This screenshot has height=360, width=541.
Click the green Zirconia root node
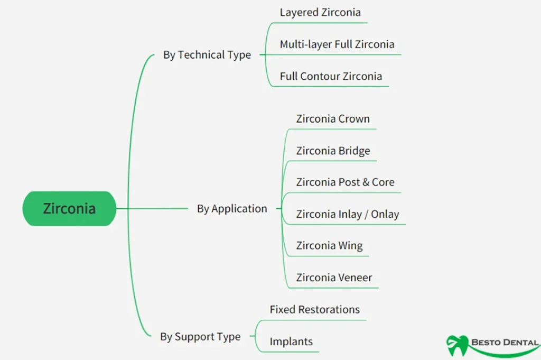(69, 208)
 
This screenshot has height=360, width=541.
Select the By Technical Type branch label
(207, 55)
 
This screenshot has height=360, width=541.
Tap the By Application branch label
(232, 209)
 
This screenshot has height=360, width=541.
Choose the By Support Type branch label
(200, 337)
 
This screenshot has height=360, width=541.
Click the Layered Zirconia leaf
(320, 12)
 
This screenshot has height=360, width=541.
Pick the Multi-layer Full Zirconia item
(337, 44)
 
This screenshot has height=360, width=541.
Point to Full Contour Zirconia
(331, 76)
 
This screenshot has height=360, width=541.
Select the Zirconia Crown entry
(333, 119)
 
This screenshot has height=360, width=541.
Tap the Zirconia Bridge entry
(333, 151)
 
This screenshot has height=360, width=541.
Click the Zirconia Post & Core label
(345, 182)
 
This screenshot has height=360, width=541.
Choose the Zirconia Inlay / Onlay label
(347, 214)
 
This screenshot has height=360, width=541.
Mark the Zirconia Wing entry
(329, 246)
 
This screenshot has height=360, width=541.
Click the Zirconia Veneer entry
(334, 278)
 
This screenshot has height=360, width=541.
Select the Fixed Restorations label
(314, 309)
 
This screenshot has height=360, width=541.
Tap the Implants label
(291, 341)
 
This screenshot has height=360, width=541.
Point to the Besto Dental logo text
(504, 343)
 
